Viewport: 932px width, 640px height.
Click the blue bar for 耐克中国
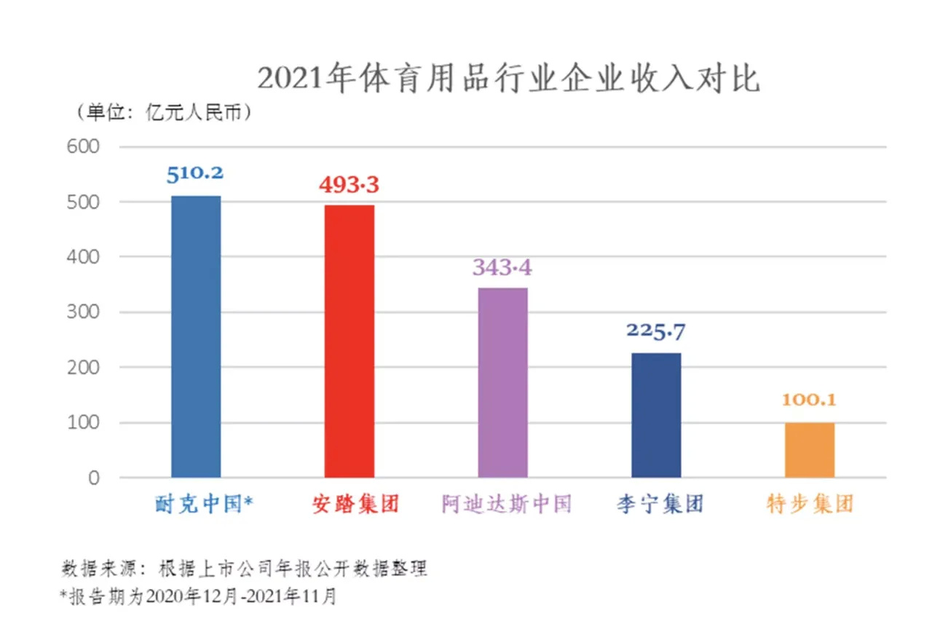196,336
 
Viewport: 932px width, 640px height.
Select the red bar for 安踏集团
349,341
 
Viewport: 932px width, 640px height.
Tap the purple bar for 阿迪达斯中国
502,383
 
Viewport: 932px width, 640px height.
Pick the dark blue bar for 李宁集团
656,415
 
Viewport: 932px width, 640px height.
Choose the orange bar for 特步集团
810,450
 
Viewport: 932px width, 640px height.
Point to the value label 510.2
195,174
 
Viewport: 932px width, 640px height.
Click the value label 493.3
349,185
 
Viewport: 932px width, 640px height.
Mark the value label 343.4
502,267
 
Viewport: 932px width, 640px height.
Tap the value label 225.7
656,332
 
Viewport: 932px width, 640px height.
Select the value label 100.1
809,400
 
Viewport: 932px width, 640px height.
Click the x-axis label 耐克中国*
204,504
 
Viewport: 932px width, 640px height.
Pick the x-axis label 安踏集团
356,504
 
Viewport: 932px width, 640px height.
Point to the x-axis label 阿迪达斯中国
506,504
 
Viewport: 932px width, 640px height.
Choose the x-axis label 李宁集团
660,504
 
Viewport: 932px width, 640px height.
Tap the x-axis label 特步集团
810,504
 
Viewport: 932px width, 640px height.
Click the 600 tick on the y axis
83,147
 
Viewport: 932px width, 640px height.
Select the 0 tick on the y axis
94,478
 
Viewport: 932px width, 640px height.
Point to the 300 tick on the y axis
83,312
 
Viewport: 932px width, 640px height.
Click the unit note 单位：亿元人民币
165,112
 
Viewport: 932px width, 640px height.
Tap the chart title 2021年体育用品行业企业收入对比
509,78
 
